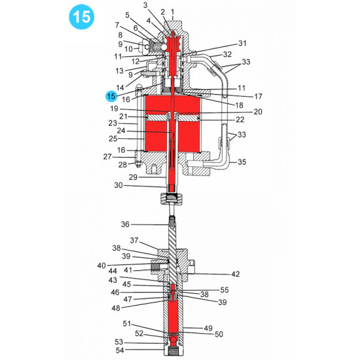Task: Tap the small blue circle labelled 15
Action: [111, 96]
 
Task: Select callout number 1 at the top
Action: [172, 11]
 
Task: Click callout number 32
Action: [227, 54]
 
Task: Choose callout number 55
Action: [225, 289]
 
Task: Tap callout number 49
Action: [208, 328]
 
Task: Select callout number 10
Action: [128, 49]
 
